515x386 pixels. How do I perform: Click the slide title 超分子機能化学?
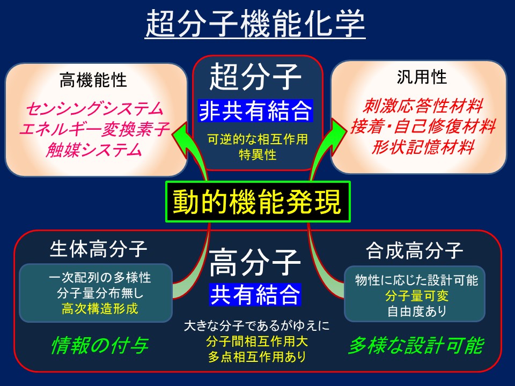[255, 24]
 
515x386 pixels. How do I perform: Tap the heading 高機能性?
[93, 80]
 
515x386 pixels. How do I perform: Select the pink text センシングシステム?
[94, 109]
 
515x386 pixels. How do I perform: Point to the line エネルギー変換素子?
[94, 129]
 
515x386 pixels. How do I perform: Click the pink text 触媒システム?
[94, 150]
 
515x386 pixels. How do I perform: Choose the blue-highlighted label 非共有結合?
[255, 111]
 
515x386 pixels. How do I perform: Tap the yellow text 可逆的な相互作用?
[257, 139]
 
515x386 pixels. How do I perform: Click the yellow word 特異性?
[257, 154]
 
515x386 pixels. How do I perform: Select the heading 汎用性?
[422, 77]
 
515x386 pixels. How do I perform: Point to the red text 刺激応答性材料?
[423, 106]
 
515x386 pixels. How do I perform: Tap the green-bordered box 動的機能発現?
[258, 202]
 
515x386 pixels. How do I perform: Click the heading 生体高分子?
[98, 249]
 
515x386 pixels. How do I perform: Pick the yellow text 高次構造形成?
[100, 309]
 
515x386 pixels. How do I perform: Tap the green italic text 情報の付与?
[100, 345]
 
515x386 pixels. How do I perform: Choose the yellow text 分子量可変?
[417, 296]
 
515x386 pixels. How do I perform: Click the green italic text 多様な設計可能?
[416, 345]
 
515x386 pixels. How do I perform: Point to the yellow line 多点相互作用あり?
[257, 357]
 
